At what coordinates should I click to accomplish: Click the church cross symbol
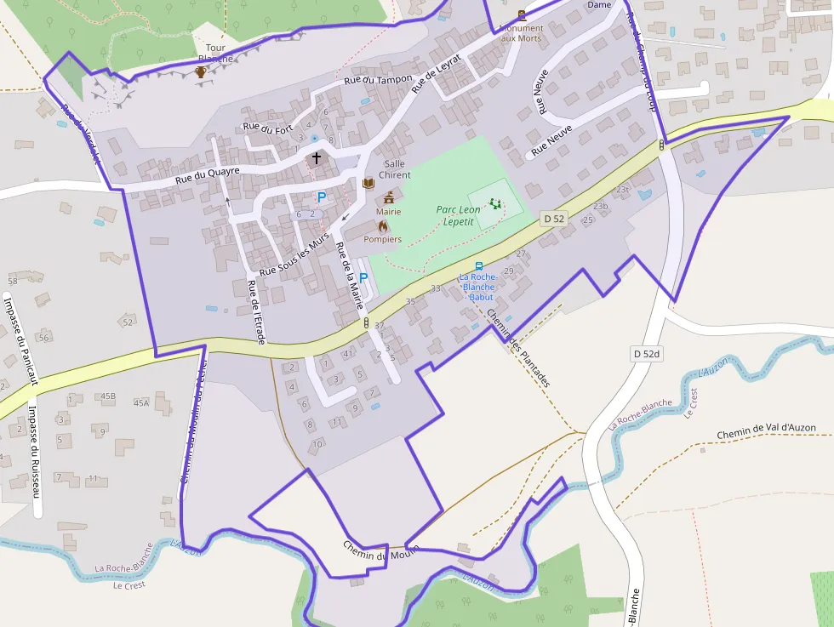(x=317, y=158)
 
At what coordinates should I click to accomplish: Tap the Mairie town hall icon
(x=389, y=197)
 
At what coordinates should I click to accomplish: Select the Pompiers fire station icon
(x=383, y=226)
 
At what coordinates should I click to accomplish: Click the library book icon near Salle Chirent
(x=368, y=183)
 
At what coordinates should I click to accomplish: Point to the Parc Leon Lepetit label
(x=458, y=215)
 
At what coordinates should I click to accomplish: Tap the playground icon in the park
(x=494, y=203)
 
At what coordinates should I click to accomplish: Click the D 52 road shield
(x=553, y=219)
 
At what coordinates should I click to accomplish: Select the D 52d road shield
(x=647, y=353)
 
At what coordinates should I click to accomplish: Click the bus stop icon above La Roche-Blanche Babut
(x=478, y=266)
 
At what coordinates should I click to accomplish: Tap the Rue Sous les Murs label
(x=294, y=254)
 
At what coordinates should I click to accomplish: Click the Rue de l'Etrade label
(x=256, y=312)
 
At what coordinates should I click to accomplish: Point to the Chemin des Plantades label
(x=518, y=348)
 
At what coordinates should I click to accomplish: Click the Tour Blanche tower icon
(x=200, y=71)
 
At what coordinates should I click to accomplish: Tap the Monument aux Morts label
(x=521, y=33)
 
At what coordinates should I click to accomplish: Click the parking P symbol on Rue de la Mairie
(x=363, y=278)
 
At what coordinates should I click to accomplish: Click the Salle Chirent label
(x=395, y=169)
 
